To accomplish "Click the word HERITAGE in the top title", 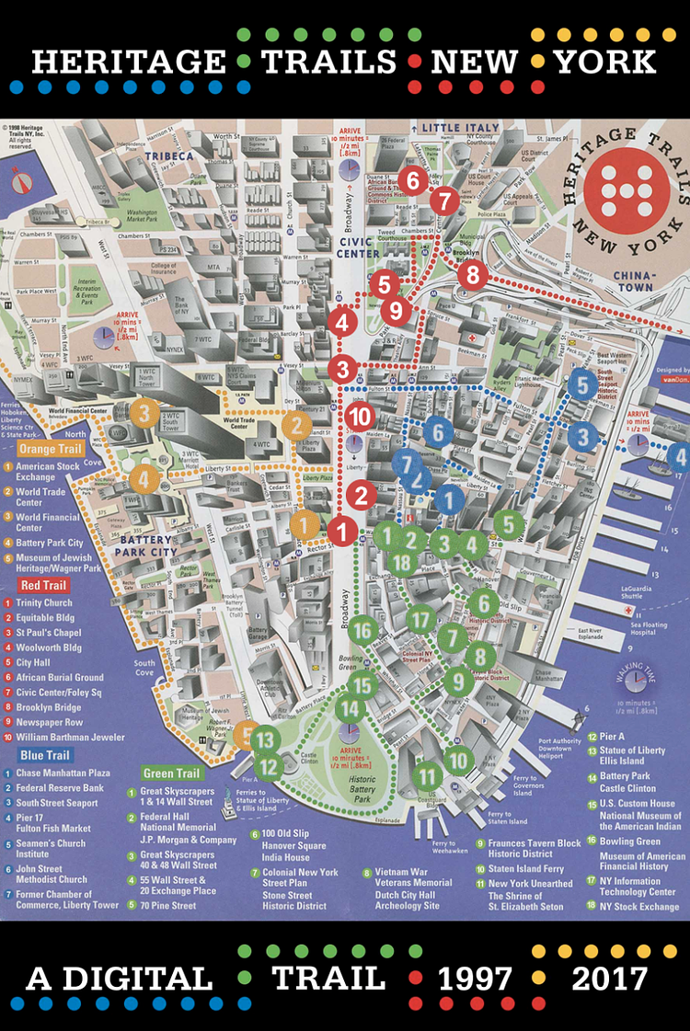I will tap(128, 62).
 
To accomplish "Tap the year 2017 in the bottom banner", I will tap(615, 979).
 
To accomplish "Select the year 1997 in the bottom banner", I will tap(475, 979).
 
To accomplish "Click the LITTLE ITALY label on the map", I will tap(461, 127).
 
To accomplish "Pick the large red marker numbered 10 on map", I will tap(361, 416).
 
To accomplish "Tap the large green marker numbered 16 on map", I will tap(363, 630).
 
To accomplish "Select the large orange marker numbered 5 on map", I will tap(245, 733).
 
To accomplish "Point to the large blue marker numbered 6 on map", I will tap(439, 431).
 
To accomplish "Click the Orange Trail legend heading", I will tap(50, 449).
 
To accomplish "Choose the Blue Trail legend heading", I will tap(44, 755).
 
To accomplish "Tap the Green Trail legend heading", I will tap(174, 773).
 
